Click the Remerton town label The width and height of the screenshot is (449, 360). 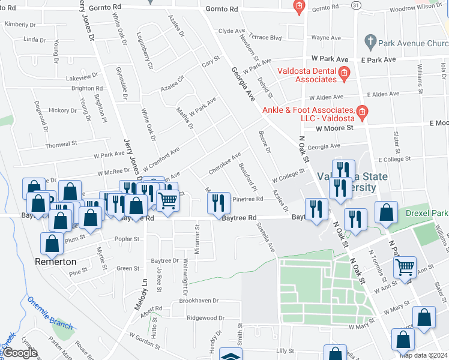point(55,262)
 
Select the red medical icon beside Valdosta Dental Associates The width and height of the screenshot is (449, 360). point(345,74)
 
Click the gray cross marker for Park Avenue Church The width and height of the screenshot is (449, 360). point(370,42)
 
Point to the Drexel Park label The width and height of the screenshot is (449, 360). point(426,214)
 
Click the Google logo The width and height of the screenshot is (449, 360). point(20,353)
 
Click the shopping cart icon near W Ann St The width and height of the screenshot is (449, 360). point(405,266)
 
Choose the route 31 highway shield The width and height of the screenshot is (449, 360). point(356,5)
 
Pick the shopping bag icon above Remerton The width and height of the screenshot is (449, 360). point(52,244)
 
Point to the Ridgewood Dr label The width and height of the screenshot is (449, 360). point(205,317)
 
